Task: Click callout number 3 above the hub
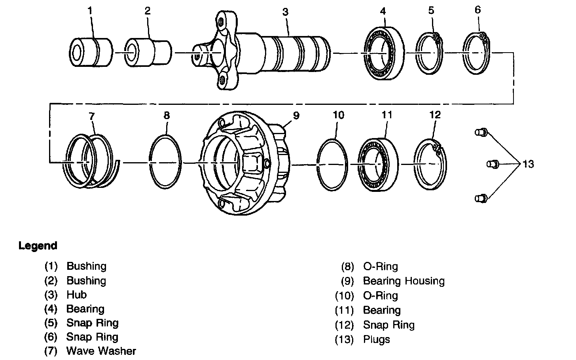[286, 12]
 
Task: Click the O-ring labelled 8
[165, 162]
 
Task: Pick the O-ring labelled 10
[332, 165]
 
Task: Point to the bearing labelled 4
[384, 53]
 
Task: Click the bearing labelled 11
[378, 165]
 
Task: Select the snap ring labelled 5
[429, 53]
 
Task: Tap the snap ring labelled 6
[476, 53]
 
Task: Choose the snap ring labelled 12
[430, 165]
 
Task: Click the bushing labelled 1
[91, 53]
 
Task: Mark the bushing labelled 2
[148, 53]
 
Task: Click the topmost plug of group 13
[481, 132]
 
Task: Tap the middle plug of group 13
[493, 164]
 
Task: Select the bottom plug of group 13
[481, 199]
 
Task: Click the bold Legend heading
[38, 246]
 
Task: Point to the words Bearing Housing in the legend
[404, 281]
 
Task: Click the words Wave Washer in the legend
[101, 351]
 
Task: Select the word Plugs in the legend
[377, 339]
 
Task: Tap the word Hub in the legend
[77, 295]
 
